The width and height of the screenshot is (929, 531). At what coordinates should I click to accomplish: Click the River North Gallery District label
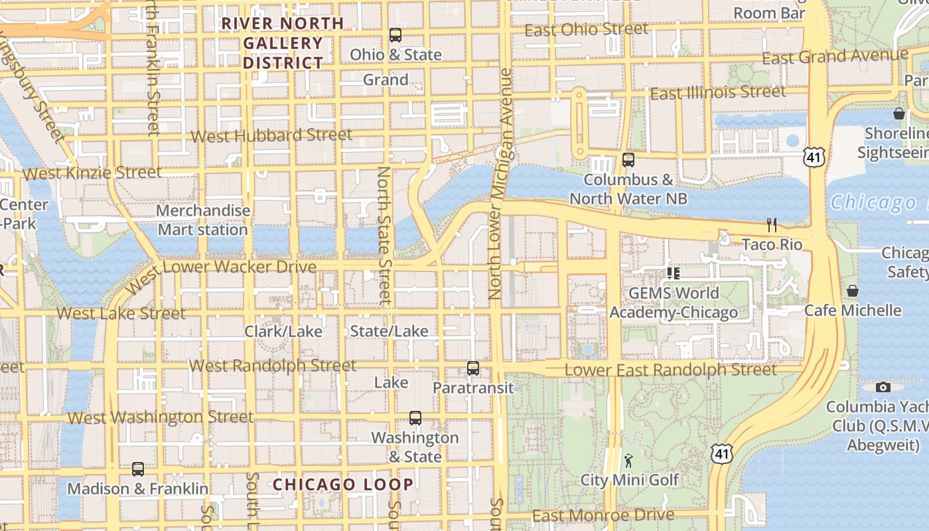283,43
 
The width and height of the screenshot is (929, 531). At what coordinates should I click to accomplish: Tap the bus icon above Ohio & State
395,35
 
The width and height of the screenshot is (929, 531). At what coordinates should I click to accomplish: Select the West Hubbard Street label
271,136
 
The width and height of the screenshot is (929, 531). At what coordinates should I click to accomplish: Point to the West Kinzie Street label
92,173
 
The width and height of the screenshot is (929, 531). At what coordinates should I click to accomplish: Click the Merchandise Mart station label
203,220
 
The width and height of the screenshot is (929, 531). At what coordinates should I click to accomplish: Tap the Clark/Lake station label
283,331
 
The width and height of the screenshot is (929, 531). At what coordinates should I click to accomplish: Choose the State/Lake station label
389,331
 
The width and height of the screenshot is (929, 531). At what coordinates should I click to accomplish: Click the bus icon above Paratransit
473,368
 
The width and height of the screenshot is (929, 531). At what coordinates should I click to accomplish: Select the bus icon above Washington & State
415,418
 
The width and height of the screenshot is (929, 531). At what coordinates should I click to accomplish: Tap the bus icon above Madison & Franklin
138,469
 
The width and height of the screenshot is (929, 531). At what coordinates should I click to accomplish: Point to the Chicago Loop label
344,485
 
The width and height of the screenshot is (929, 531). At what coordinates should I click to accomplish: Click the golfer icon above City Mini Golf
628,460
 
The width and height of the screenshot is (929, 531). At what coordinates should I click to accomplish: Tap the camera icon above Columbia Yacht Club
883,387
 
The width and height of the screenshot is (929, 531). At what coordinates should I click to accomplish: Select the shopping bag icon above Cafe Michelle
853,291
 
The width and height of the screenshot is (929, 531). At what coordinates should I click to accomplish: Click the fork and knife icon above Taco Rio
772,225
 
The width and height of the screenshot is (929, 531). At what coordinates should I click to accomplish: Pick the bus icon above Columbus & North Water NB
628,160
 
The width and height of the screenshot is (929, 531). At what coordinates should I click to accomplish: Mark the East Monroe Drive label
603,516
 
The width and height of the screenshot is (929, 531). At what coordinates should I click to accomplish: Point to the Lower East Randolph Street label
670,370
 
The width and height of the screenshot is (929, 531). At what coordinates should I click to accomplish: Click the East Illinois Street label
718,92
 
